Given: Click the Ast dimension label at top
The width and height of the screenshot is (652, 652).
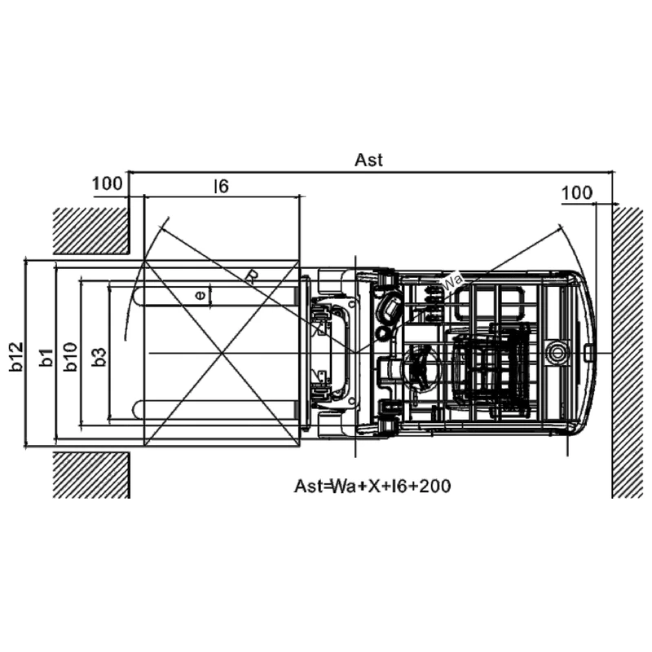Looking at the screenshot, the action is [368, 160].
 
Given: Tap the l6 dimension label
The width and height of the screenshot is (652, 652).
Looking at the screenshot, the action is [221, 187].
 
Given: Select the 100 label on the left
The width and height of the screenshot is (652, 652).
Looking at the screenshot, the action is [108, 183].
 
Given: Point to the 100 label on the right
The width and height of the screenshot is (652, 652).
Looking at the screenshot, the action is [577, 193].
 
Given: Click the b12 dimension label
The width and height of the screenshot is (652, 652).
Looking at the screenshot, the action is [16, 356].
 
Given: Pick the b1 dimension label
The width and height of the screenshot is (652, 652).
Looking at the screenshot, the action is [46, 358].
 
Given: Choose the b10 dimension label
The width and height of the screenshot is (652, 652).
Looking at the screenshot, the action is [71, 356].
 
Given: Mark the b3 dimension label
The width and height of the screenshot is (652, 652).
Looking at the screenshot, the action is [99, 357].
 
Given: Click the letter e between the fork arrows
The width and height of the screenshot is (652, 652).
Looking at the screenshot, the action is [200, 295].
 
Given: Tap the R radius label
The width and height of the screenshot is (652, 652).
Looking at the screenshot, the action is [251, 276].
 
